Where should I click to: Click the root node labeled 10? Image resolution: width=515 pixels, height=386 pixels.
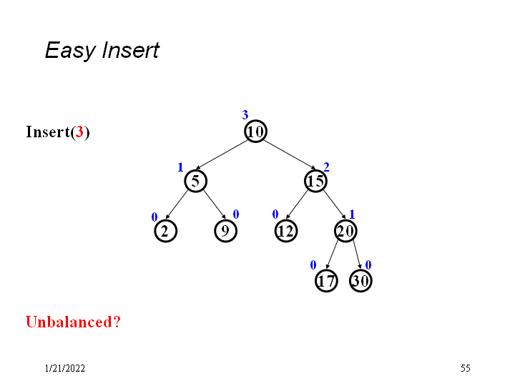(x=255, y=131)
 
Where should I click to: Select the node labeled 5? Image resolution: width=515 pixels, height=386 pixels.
(x=195, y=181)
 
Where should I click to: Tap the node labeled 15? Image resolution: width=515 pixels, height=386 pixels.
(x=315, y=181)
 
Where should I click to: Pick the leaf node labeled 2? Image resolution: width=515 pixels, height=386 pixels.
(x=165, y=231)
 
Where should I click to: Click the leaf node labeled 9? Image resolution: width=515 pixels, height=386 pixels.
(x=225, y=231)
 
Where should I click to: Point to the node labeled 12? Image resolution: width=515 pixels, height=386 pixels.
(x=285, y=231)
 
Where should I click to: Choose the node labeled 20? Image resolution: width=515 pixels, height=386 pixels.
(x=345, y=231)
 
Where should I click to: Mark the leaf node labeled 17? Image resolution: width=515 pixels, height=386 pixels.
(x=326, y=281)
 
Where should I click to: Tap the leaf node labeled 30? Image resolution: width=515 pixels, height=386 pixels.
(x=360, y=281)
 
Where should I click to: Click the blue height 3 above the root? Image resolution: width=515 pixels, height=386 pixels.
(x=245, y=115)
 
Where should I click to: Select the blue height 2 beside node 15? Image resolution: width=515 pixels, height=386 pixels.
(x=326, y=167)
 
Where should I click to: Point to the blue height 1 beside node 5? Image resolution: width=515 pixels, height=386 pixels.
(x=180, y=167)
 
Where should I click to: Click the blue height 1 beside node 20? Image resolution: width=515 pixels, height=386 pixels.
(x=352, y=214)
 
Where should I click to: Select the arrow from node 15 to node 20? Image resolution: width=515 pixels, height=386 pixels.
(x=330, y=206)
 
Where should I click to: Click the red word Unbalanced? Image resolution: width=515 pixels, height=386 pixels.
(x=73, y=322)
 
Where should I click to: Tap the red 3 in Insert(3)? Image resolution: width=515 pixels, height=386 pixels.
(x=80, y=132)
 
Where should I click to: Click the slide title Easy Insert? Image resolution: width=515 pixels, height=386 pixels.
(x=102, y=51)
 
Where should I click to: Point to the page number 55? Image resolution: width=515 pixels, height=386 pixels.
(x=466, y=369)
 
